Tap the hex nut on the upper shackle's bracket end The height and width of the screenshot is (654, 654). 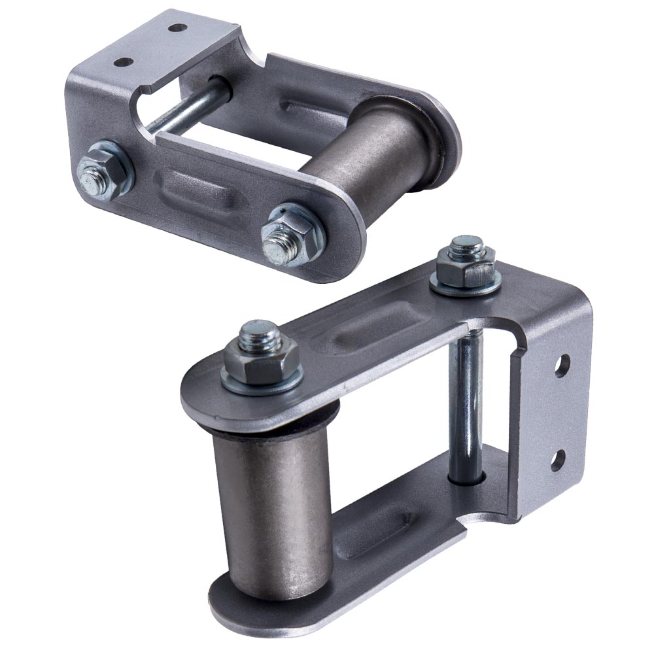click(x=103, y=171)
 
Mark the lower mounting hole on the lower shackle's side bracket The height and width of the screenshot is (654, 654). click(x=557, y=460)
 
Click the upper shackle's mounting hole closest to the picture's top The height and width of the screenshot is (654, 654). click(x=176, y=28)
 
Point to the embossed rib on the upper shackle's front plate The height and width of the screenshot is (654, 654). click(x=196, y=190)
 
